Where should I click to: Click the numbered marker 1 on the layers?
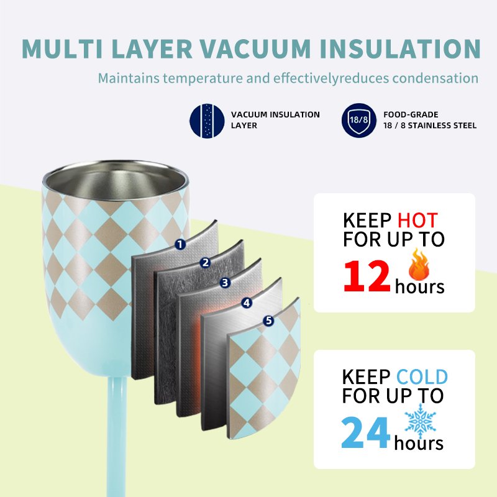point(180,244)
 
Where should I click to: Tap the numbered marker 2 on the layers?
point(206,263)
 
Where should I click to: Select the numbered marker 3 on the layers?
point(225,283)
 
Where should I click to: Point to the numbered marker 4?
point(247,303)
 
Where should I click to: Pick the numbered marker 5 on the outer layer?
point(268,321)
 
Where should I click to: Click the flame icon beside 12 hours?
point(419,265)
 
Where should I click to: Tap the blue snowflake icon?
point(421,421)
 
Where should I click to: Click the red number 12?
point(367,276)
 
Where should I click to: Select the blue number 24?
point(365,432)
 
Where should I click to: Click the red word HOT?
point(417,221)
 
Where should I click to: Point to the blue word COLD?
point(422,377)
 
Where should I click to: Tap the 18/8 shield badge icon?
point(359,120)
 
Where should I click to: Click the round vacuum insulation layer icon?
point(207,121)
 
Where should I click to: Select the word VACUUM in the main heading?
point(255,48)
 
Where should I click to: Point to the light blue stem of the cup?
point(117,437)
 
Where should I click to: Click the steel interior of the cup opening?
point(115,183)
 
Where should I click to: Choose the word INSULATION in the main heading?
point(400,48)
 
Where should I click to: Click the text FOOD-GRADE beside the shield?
point(411,114)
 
